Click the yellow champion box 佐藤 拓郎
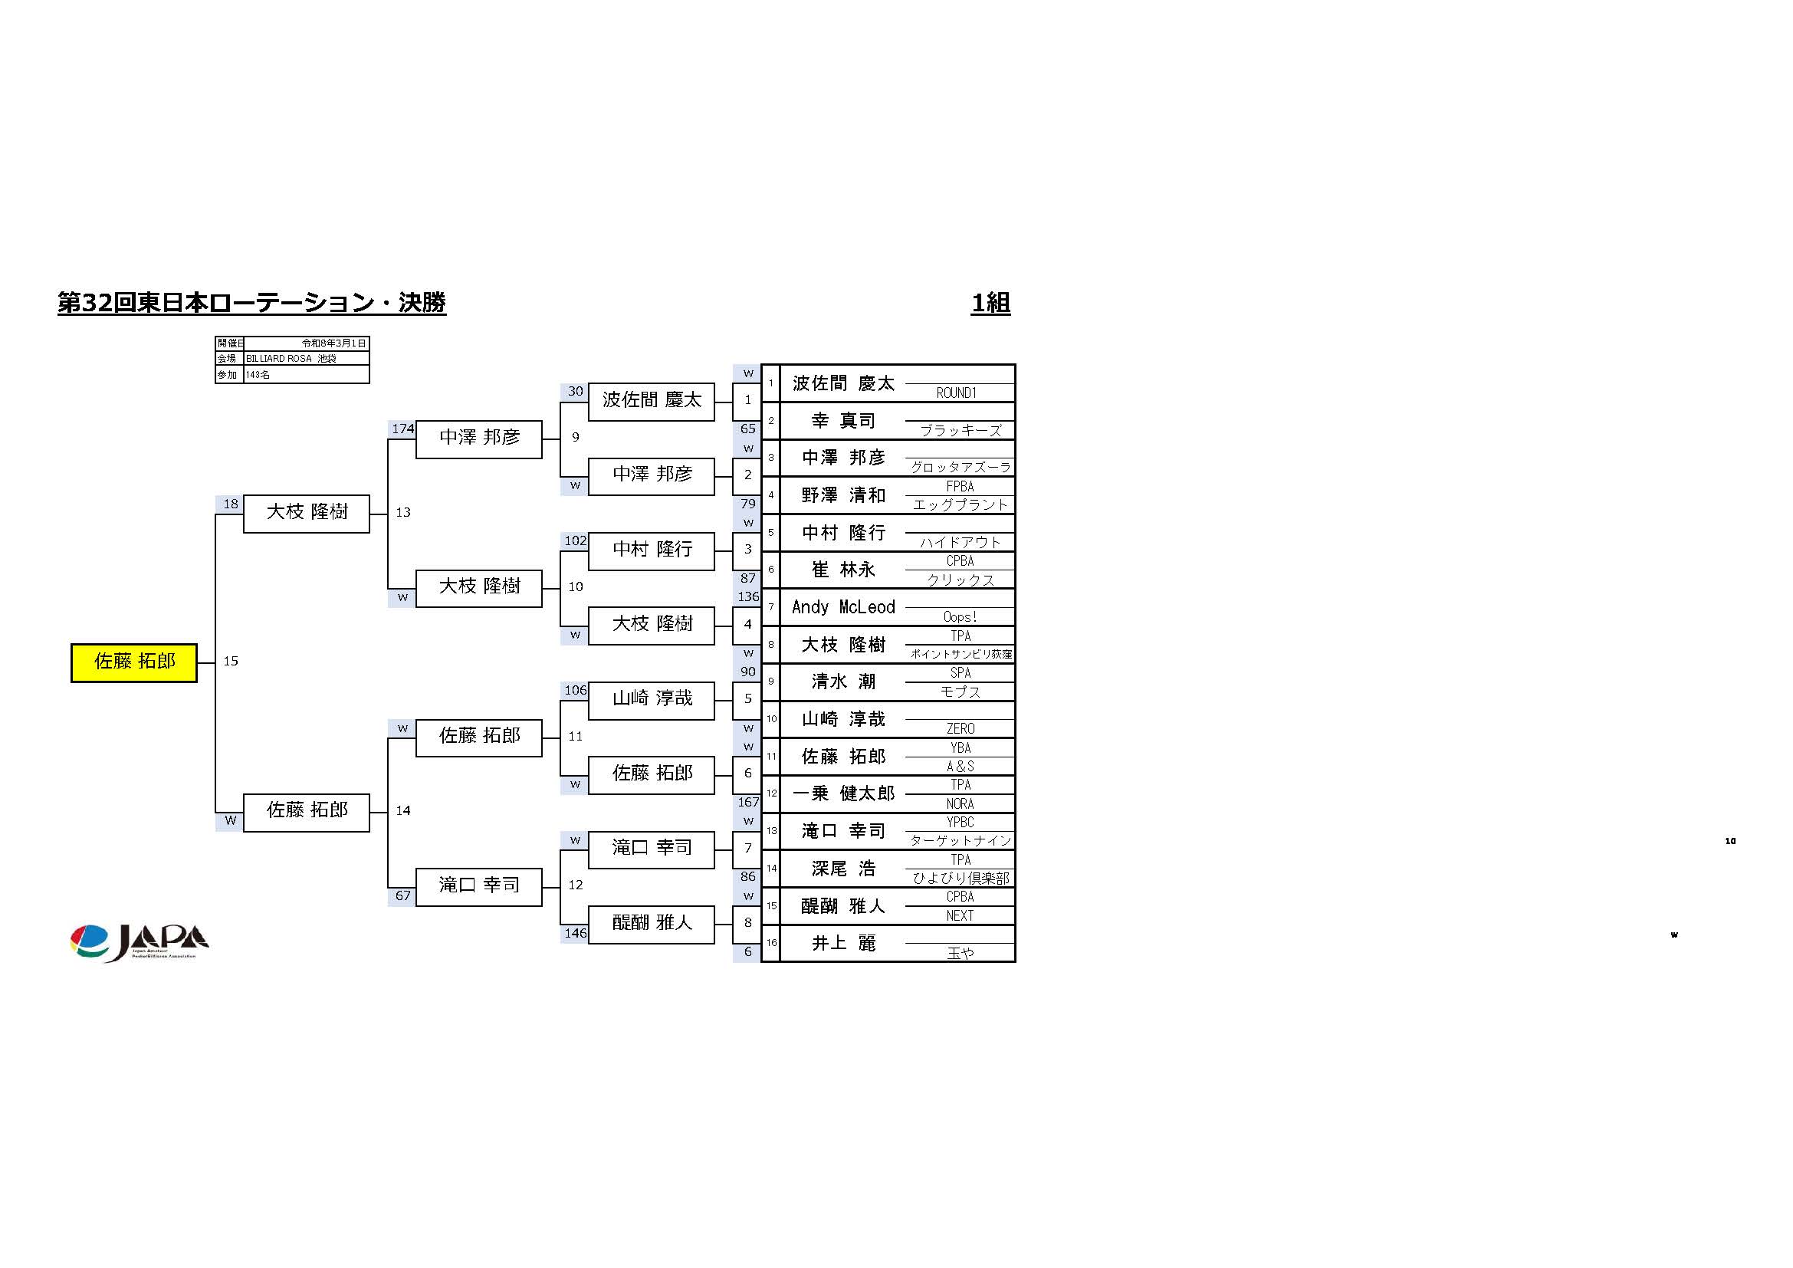[133, 662]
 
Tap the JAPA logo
[139, 942]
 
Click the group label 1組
[990, 303]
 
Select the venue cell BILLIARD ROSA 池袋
[305, 358]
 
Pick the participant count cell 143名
[305, 375]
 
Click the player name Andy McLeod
[842, 607]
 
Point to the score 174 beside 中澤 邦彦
[402, 429]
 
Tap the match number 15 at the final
[231, 662]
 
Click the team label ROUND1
[957, 393]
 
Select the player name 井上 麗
[842, 943]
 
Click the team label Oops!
[960, 617]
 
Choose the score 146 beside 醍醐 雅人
[575, 933]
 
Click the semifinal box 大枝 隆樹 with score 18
[306, 512]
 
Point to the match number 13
[403, 512]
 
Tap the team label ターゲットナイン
[960, 841]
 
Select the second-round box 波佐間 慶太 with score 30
[652, 400]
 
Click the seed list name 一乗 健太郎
[842, 794]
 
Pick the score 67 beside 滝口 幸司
[402, 895]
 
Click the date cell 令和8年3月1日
[333, 343]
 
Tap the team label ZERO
[960, 728]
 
